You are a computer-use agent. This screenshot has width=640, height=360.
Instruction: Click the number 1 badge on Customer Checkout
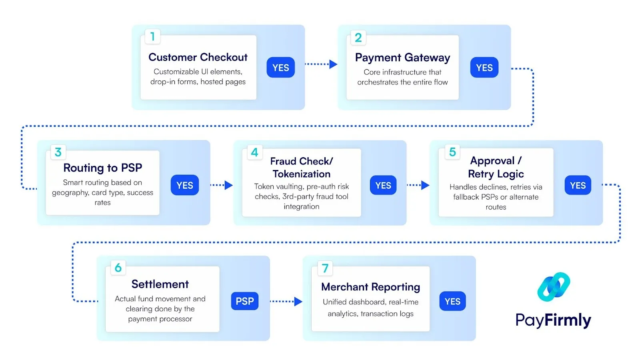click(152, 37)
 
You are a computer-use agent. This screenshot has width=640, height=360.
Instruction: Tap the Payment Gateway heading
click(402, 58)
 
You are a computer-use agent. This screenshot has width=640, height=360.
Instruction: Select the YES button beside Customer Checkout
click(280, 68)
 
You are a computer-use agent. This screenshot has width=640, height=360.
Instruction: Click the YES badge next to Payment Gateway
click(484, 68)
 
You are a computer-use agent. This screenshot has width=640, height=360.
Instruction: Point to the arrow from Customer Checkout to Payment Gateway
click(333, 64)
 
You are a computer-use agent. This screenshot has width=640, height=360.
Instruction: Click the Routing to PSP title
click(102, 168)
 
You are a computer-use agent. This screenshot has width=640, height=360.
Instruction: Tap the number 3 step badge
click(58, 152)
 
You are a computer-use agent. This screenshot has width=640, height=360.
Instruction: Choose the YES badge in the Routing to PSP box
click(184, 185)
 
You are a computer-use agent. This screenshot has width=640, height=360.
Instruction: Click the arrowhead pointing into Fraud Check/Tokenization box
click(228, 185)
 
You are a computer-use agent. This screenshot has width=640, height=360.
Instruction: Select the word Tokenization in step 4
click(301, 174)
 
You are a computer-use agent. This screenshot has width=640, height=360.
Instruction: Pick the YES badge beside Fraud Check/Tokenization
click(383, 185)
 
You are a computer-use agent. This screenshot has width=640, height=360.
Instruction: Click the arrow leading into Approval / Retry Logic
click(425, 185)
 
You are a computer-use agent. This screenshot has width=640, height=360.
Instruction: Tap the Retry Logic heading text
click(496, 174)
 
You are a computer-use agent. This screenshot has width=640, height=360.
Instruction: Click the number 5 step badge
click(452, 152)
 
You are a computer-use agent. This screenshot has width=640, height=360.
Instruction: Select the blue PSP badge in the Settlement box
click(244, 301)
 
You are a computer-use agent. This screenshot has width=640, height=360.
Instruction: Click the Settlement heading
click(160, 284)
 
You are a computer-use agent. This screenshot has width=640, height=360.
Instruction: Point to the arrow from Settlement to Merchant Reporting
click(298, 302)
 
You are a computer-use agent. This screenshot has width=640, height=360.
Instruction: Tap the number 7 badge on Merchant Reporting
click(325, 268)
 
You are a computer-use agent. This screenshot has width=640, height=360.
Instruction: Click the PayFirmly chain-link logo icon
click(554, 287)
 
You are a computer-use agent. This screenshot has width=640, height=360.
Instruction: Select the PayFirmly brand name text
click(553, 320)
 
